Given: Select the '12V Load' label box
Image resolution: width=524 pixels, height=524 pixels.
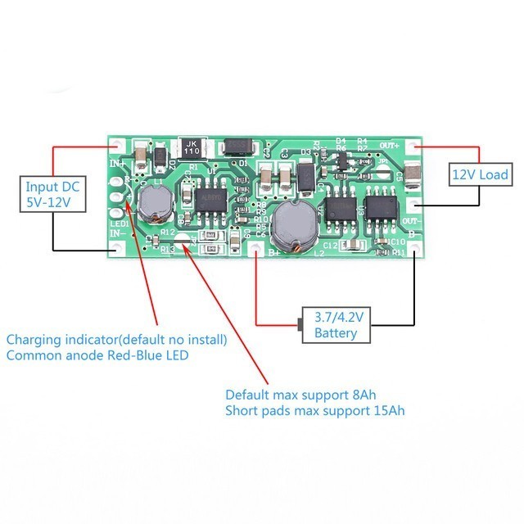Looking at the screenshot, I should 481,174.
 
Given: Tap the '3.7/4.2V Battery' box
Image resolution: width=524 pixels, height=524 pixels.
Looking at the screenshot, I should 336,325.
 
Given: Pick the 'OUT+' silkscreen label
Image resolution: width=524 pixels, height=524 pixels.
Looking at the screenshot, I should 391,145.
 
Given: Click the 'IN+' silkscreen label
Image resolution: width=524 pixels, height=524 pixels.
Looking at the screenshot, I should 117,164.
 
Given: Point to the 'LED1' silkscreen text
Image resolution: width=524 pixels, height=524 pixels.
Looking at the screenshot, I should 118,224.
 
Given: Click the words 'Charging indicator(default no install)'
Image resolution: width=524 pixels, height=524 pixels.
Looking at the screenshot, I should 117,339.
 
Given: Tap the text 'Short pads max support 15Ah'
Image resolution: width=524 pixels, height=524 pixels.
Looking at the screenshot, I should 314,409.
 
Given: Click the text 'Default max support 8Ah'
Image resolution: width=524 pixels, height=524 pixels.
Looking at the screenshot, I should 300,393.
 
